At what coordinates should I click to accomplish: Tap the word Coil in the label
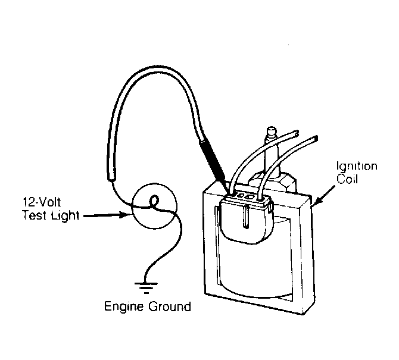347,179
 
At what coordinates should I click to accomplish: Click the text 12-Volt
42,202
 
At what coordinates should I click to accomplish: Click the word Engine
124,306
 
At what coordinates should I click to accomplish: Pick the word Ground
170,306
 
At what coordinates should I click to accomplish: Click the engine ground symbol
146,287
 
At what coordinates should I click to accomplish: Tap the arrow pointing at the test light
107,215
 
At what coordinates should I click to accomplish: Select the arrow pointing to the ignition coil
324,195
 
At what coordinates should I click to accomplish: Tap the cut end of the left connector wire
296,133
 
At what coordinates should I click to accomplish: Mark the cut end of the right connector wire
316,139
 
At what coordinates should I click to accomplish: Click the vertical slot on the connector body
245,217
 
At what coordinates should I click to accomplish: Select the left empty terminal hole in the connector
240,196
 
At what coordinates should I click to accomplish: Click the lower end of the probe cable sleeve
111,178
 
